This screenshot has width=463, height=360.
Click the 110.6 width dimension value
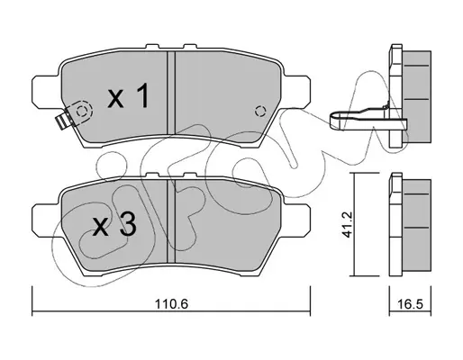[171, 304]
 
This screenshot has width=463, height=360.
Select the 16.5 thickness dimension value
[411, 304]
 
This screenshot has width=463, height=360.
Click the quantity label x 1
[128, 95]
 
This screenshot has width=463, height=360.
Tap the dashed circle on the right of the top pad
[260, 112]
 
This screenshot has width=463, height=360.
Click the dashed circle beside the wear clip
[82, 112]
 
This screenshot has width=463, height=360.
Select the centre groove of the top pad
[171, 93]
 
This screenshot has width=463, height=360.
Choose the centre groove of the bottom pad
[171, 220]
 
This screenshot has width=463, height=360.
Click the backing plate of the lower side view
[395, 224]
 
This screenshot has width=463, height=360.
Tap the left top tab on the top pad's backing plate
[152, 47]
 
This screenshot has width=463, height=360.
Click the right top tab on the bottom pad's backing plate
[189, 175]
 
